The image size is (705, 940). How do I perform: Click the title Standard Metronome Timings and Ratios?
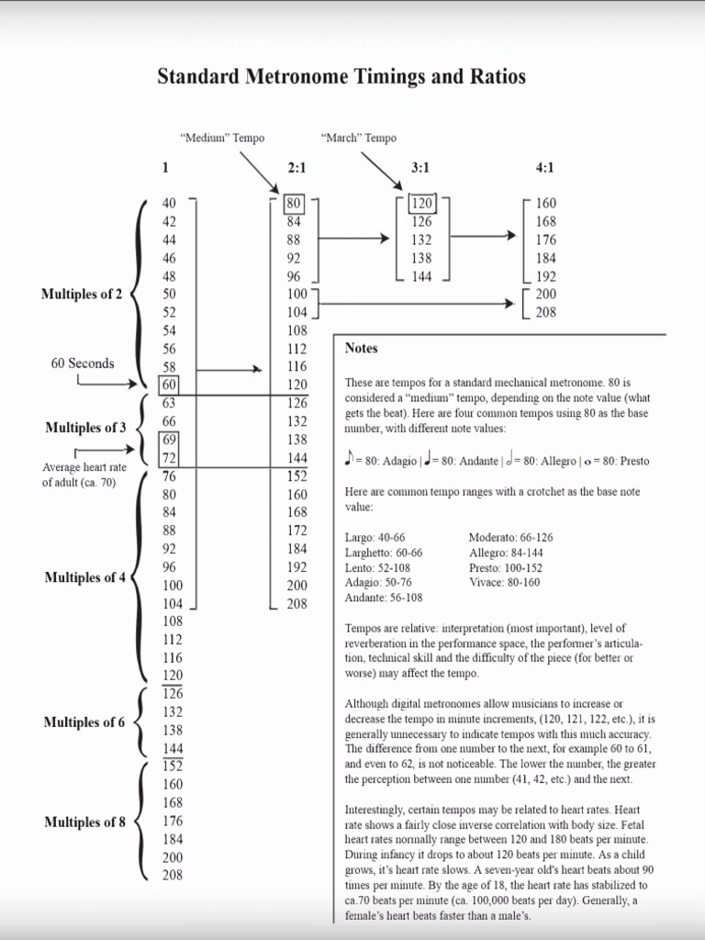pos(341,76)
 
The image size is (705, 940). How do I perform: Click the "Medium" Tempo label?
pos(222,138)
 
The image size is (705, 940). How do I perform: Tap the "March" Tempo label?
pos(359,138)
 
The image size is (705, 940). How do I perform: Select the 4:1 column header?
pos(545,168)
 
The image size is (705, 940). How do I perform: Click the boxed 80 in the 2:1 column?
pos(294,203)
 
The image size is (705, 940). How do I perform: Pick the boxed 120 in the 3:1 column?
pos(421,203)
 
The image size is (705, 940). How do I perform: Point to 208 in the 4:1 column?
pos(545,312)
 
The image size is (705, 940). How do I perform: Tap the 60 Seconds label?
pos(83,363)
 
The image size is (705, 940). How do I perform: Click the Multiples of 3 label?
pos(85,428)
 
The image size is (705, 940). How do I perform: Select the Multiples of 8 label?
pos(84,822)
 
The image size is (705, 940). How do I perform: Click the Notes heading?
pos(361,349)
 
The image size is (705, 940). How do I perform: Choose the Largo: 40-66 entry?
pos(374,537)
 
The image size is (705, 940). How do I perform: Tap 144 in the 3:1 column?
pos(421,276)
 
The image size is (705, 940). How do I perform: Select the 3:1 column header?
pos(421,168)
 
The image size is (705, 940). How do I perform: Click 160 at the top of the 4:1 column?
pos(545,203)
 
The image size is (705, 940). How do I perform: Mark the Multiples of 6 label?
pos(84,722)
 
